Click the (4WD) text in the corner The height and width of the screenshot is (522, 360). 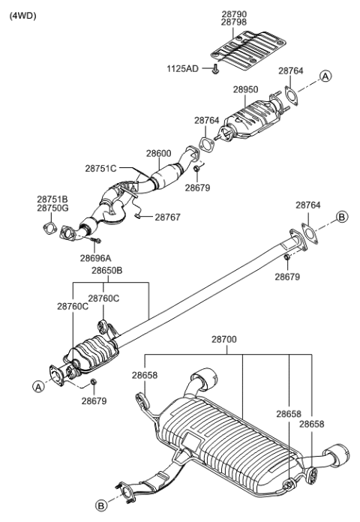[22, 16]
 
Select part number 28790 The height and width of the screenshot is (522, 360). [235, 13]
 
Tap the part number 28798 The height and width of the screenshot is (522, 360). [235, 22]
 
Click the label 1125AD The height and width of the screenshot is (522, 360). [183, 68]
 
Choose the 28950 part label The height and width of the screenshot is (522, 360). [245, 89]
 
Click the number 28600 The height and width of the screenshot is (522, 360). [159, 152]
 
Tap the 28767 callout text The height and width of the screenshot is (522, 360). [169, 217]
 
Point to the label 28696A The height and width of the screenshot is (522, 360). [96, 257]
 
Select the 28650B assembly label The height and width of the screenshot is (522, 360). [106, 270]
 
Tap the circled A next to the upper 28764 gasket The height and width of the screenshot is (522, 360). [325, 76]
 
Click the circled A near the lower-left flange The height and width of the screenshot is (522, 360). [37, 386]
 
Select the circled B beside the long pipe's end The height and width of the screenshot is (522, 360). [341, 217]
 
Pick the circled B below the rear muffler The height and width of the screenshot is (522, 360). [100, 506]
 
